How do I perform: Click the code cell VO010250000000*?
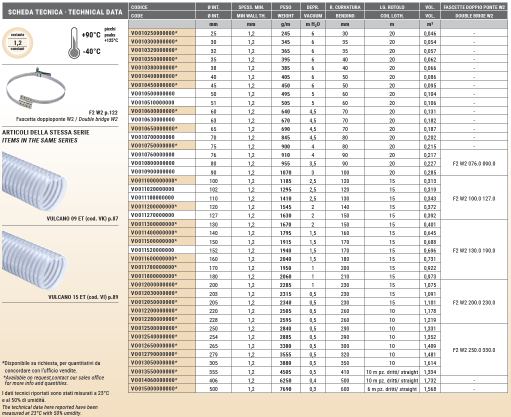[154, 33]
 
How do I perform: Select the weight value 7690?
[285, 389]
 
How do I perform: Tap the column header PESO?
[285, 7]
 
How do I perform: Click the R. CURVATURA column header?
[345, 7]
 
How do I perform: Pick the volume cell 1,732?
[430, 380]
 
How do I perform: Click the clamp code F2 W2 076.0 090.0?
[473, 163]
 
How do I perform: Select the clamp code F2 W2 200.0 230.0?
[473, 302]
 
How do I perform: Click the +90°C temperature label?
[91, 35]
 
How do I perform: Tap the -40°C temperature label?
[90, 51]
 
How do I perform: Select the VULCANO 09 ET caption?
[82, 218]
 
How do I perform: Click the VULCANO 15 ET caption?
[83, 297]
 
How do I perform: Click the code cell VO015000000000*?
[154, 389]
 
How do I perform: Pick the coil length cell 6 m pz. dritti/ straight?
[392, 389]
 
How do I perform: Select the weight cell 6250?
[285, 380]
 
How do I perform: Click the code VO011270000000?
[153, 215]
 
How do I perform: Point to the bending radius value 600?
[345, 389]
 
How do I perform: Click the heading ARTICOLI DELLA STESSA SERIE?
[46, 132]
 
